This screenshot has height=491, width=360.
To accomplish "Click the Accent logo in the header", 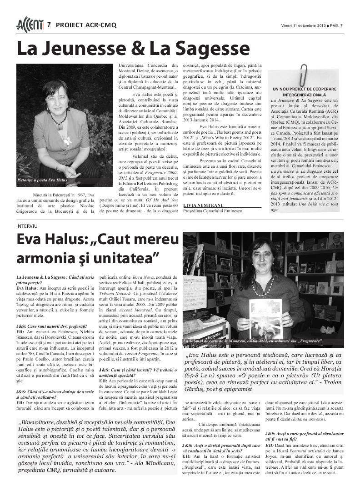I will click(30, 24).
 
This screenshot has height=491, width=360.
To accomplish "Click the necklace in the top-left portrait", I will click(59, 120).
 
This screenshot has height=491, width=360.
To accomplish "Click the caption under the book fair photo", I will click(253, 341).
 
